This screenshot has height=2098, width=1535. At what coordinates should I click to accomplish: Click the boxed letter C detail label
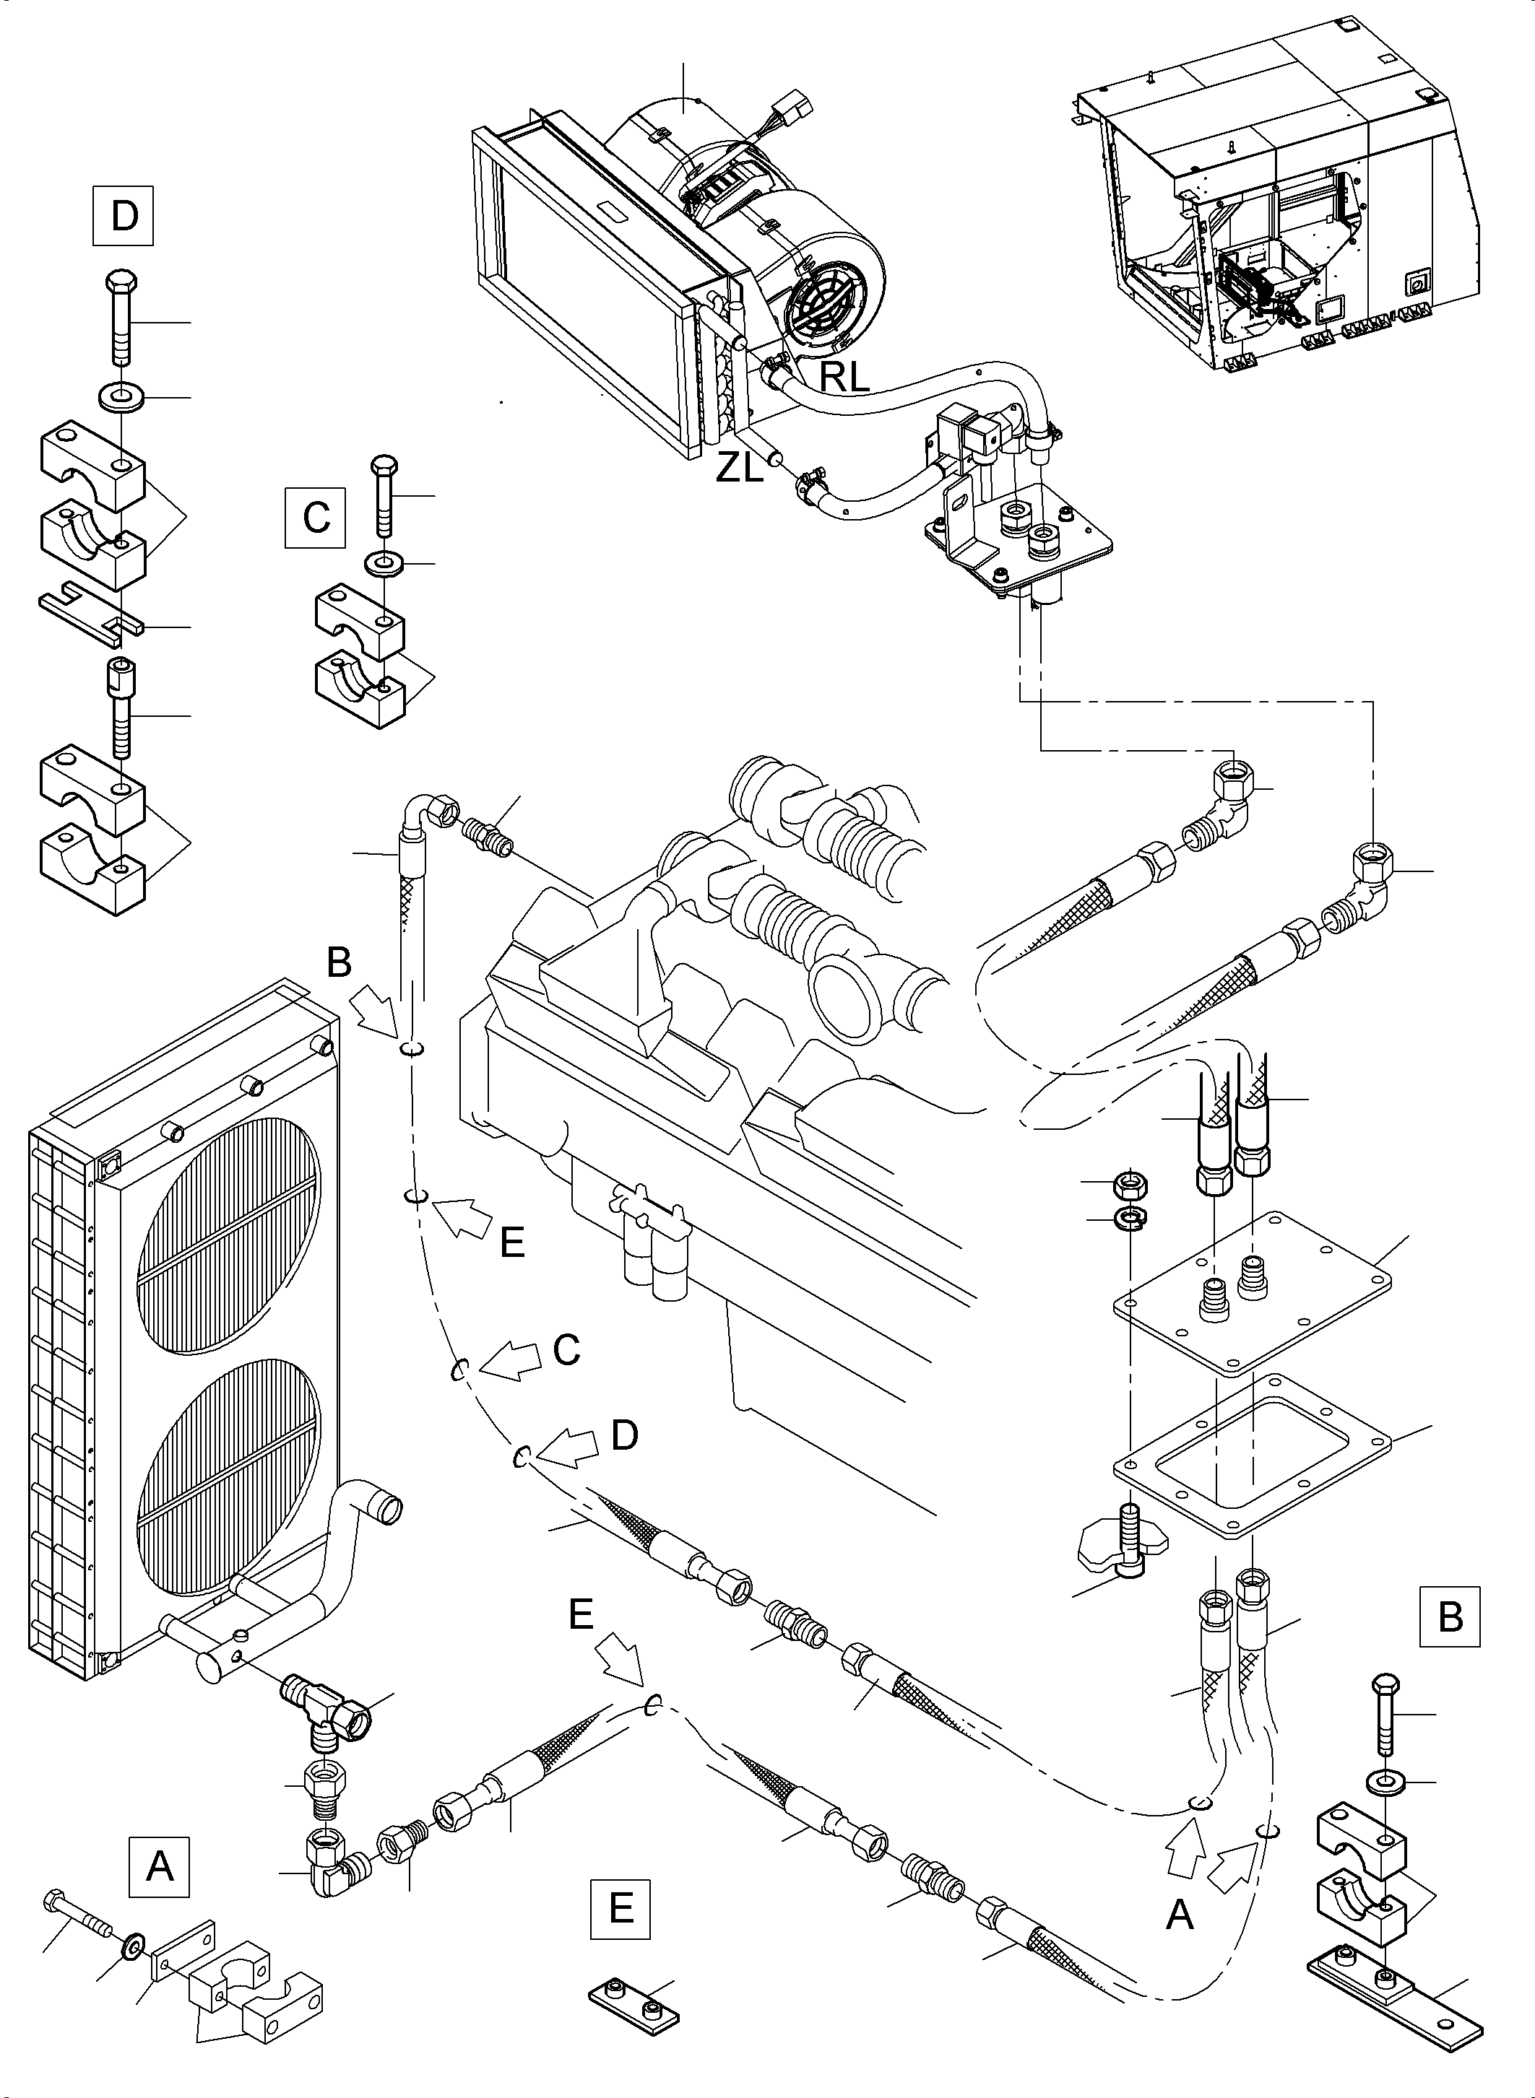[x=315, y=516]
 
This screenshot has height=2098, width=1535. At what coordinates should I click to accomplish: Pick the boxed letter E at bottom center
[x=620, y=1909]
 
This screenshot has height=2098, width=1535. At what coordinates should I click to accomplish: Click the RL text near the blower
[x=844, y=377]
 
